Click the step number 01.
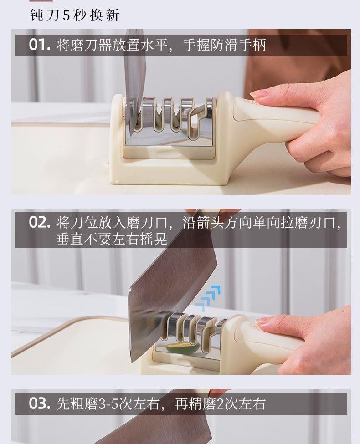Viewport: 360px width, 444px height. tap(40, 45)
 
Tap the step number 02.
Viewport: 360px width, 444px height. tap(40, 222)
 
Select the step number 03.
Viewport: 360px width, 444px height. tap(40, 403)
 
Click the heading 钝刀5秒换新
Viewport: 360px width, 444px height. tap(75, 15)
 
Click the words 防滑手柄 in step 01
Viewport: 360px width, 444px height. tap(238, 45)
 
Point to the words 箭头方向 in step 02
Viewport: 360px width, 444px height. tap(224, 223)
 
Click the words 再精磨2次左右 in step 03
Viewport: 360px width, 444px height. tap(220, 404)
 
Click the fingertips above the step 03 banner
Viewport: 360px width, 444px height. tap(219, 392)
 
